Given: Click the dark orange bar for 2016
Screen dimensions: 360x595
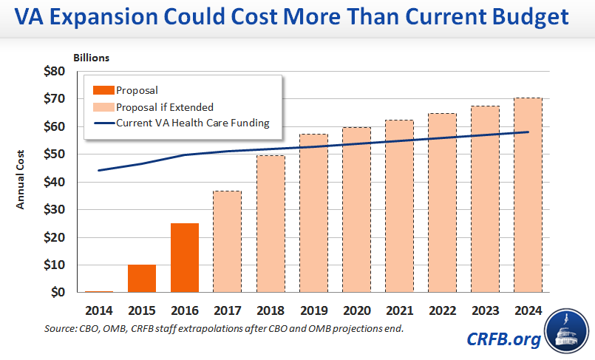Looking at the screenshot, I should click(x=185, y=257).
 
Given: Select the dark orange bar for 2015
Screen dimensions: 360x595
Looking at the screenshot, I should click(x=142, y=278).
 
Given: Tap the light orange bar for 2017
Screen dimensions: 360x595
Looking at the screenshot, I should click(x=228, y=241).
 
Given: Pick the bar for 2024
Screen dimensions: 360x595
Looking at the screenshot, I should click(x=528, y=195).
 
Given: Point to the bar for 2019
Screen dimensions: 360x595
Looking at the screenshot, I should click(x=313, y=213).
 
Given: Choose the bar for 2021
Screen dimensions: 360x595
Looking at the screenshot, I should click(x=399, y=206).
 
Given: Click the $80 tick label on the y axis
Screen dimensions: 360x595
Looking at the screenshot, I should click(x=55, y=72).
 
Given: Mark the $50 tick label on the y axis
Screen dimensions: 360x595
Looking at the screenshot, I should click(x=55, y=154).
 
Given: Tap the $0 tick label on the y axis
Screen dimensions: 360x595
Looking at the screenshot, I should click(x=58, y=292).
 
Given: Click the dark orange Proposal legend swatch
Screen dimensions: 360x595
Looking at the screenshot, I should click(x=103, y=91).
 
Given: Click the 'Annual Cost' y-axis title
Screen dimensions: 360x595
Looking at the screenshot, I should click(x=21, y=181).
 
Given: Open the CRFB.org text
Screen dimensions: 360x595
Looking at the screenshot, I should click(x=503, y=339).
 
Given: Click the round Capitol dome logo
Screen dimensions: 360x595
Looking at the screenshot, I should click(x=567, y=335).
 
